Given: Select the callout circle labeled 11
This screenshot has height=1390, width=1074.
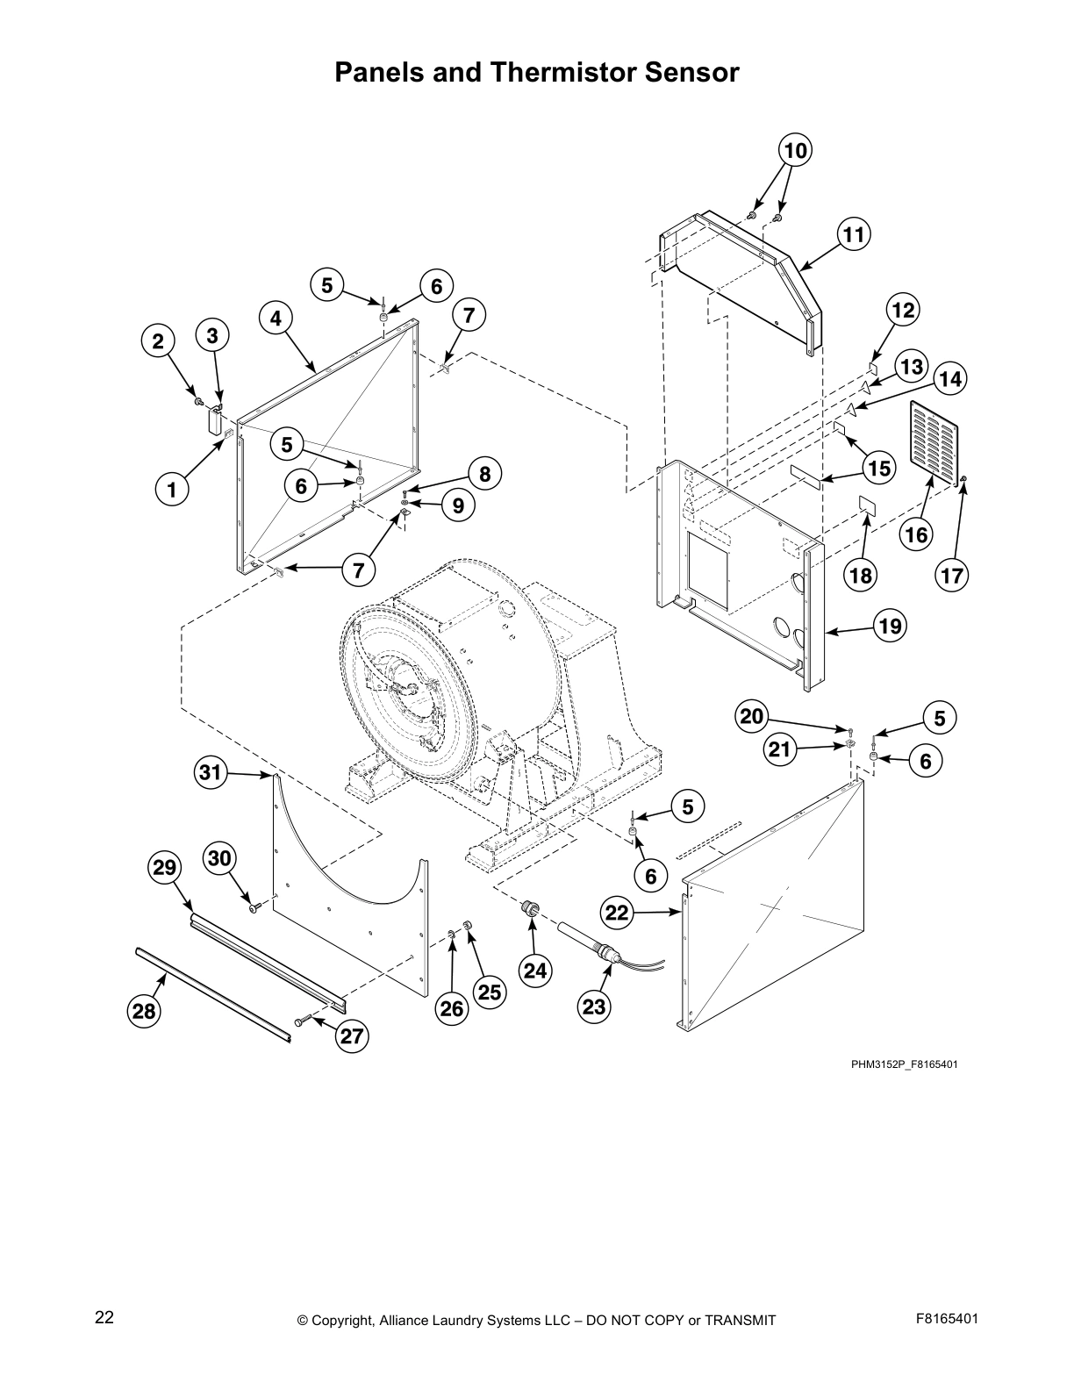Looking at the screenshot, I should pyautogui.click(x=853, y=235).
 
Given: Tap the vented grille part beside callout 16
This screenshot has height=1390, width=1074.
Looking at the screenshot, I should pyautogui.click(x=931, y=441).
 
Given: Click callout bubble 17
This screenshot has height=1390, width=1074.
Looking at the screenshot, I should pyautogui.click(x=952, y=577).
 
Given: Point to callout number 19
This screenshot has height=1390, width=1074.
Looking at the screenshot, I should pyautogui.click(x=890, y=627).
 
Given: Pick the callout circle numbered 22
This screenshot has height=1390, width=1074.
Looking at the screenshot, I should pyautogui.click(x=618, y=914).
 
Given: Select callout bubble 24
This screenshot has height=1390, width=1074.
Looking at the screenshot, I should pyautogui.click(x=534, y=971).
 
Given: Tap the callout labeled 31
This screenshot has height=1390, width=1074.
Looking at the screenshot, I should pyautogui.click(x=210, y=773).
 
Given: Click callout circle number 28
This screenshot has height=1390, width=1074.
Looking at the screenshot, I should pyautogui.click(x=143, y=1012).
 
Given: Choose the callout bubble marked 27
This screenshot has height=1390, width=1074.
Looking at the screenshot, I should pyautogui.click(x=352, y=1036).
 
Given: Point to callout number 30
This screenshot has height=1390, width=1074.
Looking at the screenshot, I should pyautogui.click(x=219, y=857).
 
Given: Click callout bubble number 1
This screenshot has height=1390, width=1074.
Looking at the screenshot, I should pyautogui.click(x=172, y=490).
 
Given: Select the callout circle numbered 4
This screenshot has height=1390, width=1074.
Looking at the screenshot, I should pyautogui.click(x=276, y=319).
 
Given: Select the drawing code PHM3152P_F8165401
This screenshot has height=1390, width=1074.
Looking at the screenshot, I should pyautogui.click(x=903, y=1064).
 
